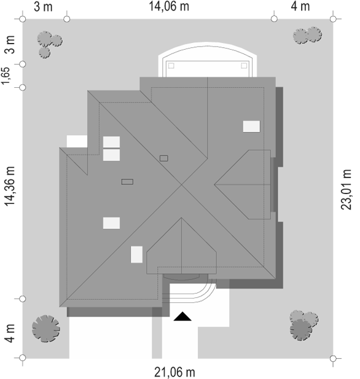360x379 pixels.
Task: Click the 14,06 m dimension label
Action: click(169, 6)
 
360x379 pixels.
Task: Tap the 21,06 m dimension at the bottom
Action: click(174, 372)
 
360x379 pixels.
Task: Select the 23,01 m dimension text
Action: click(346, 189)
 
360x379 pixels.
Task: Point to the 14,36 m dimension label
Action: click(10, 186)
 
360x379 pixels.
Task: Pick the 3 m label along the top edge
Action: click(43, 7)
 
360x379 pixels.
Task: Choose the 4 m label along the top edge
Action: click(300, 6)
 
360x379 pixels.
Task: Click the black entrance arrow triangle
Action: click(182, 316)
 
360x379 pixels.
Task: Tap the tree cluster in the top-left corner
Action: click(49, 44)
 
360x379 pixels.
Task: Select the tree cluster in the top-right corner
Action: click(307, 35)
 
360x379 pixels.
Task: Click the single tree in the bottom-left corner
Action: click(46, 329)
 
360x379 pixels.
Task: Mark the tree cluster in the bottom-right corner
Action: click(303, 326)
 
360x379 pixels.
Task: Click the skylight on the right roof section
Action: click(251, 127)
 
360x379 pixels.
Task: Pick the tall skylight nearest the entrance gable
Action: click(136, 254)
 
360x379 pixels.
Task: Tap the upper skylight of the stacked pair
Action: click(111, 142)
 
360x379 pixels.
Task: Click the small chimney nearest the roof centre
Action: click(164, 158)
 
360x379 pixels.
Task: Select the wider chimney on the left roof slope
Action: click(127, 182)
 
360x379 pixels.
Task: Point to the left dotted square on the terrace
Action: click(171, 66)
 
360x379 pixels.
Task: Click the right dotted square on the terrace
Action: click(244, 66)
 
